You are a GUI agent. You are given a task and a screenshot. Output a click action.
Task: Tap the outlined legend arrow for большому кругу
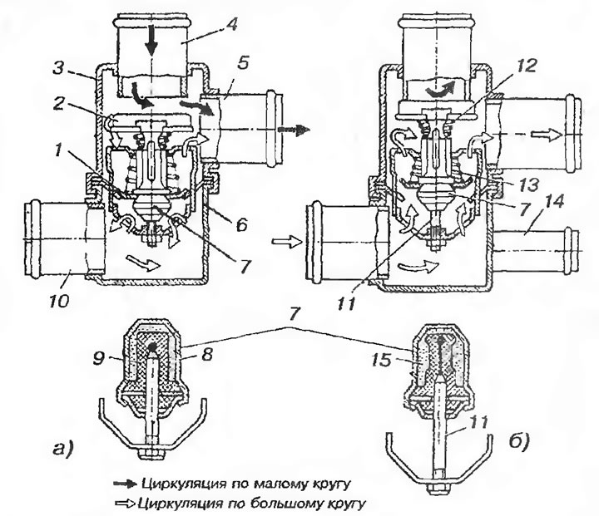(130, 502)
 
